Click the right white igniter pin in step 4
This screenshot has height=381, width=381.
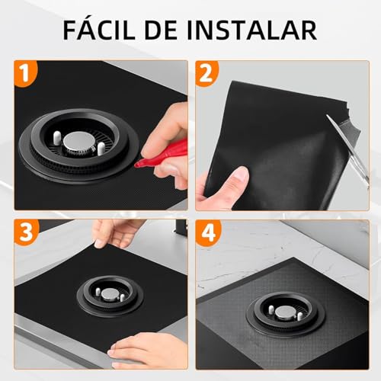(301, 315)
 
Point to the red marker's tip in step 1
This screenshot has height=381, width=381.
(138, 162)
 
